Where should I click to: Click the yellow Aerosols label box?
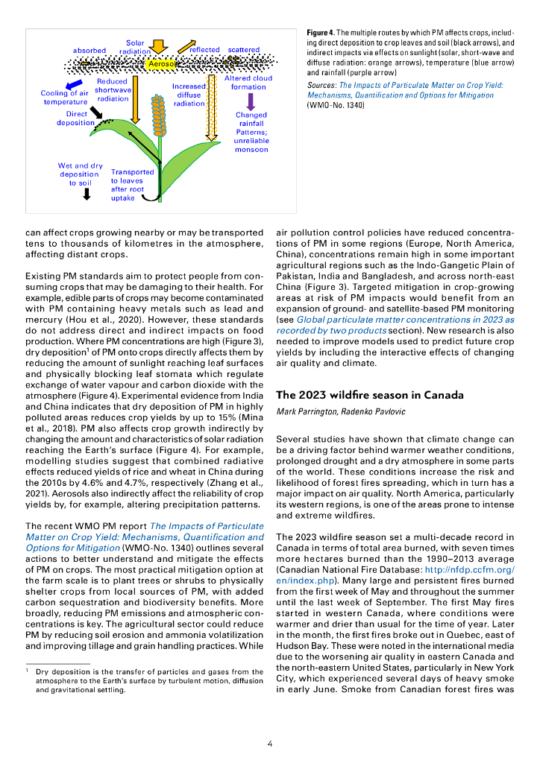161,65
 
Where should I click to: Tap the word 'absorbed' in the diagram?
90,51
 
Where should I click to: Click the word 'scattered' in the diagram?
244,50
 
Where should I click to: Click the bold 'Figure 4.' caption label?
321,34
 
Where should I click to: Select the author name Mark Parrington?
306,412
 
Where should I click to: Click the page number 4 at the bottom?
269,743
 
